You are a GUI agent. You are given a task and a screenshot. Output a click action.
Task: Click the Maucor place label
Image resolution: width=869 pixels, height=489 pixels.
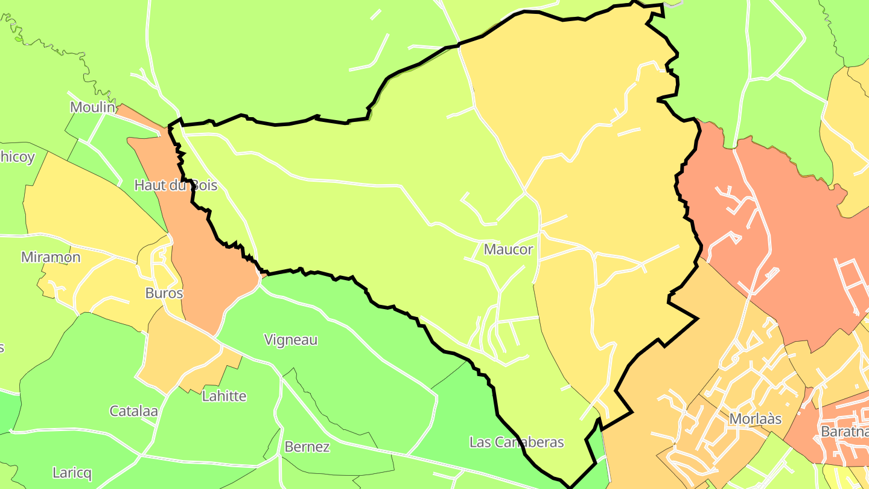[x=509, y=249]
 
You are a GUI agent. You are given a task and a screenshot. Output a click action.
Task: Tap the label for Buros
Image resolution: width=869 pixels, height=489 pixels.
[x=164, y=293]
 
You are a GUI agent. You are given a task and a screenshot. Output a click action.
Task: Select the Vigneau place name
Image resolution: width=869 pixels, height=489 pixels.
[x=291, y=340]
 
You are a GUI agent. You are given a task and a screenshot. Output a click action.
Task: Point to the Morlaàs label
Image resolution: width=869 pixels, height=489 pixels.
[x=756, y=419]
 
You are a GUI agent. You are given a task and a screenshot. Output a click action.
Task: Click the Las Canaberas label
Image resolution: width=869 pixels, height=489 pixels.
[x=517, y=443]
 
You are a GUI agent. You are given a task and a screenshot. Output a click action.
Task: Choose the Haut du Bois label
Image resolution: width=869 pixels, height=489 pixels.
[x=176, y=185]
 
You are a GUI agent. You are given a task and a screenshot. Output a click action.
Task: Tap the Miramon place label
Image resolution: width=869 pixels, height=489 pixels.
[x=51, y=257]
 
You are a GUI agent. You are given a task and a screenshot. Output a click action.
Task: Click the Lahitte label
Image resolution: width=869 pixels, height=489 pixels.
[x=224, y=397]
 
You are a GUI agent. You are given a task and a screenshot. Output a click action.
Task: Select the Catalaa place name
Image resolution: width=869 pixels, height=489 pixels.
[x=133, y=411]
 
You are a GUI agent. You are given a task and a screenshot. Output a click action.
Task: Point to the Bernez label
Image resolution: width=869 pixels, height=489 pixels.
[x=307, y=447]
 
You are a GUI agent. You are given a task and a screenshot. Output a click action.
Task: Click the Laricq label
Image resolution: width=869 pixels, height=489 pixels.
[x=72, y=473]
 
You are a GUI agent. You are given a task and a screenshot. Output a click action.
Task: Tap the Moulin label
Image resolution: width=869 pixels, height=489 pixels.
[x=92, y=107]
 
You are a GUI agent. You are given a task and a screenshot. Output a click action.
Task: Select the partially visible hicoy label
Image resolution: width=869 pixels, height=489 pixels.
[x=17, y=157]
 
